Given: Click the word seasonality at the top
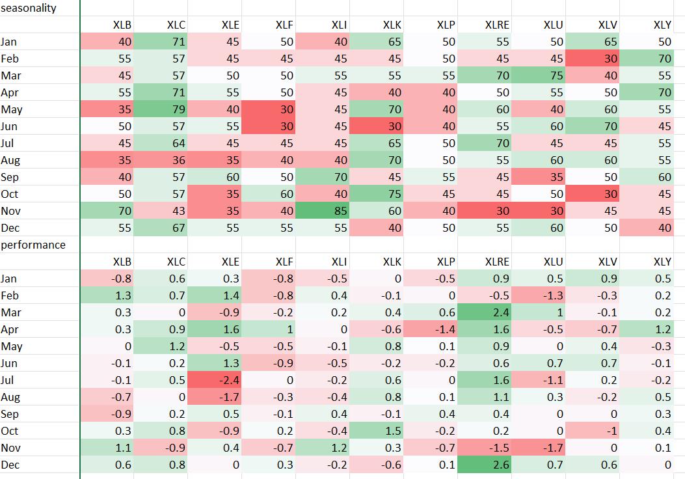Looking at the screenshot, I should tap(29, 8).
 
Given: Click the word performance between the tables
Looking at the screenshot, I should tap(33, 245).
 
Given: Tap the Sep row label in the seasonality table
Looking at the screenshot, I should tap(10, 177).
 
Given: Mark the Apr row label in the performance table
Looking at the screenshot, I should tap(10, 329).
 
